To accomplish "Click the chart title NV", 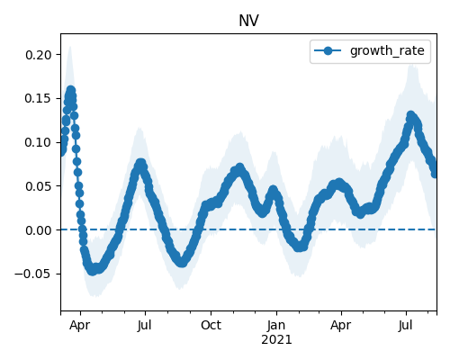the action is pyautogui.click(x=248, y=21).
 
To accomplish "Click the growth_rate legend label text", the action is pyautogui.click(x=387, y=50).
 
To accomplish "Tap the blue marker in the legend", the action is pyautogui.click(x=328, y=50).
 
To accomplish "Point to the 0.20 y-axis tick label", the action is pyautogui.click(x=39, y=55).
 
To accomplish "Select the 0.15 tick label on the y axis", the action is pyautogui.click(x=39, y=99).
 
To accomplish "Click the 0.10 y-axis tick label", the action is pyautogui.click(x=39, y=142).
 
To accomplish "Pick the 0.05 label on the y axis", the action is pyautogui.click(x=39, y=186).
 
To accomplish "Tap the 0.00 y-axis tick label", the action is pyautogui.click(x=39, y=230).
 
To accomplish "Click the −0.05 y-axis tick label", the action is pyautogui.click(x=33, y=274).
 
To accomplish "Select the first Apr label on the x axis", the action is pyautogui.click(x=80, y=325).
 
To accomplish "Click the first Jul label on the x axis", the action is pyautogui.click(x=145, y=325).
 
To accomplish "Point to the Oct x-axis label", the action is pyautogui.click(x=211, y=325).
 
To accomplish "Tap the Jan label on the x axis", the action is pyautogui.click(x=276, y=325).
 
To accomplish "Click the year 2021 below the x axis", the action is pyautogui.click(x=276, y=340).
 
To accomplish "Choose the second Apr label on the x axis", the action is pyautogui.click(x=341, y=325).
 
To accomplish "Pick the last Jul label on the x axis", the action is pyautogui.click(x=406, y=325).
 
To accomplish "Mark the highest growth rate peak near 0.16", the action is pyautogui.click(x=71, y=90).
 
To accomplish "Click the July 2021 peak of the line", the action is pyautogui.click(x=410, y=115).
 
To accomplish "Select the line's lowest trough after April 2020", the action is pyautogui.click(x=93, y=271).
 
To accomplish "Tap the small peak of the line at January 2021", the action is pyautogui.click(x=273, y=190).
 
